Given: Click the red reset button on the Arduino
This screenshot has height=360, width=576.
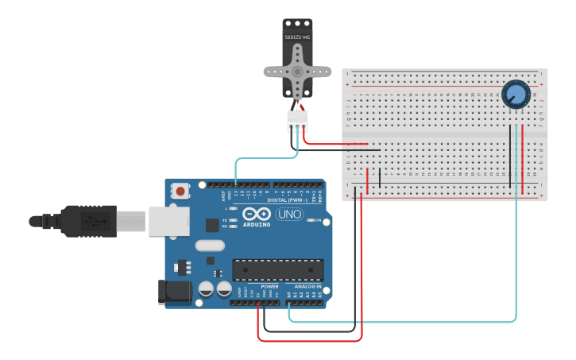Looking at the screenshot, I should pos(181,191).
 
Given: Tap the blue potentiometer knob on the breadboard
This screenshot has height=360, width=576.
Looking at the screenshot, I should pos(515,95).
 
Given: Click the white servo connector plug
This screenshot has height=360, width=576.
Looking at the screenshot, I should pos(297,122).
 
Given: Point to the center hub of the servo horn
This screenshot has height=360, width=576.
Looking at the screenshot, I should pos(297,71).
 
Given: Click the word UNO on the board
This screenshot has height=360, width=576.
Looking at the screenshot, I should pos(289,215).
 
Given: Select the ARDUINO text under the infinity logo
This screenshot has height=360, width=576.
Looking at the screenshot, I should pos(257,224).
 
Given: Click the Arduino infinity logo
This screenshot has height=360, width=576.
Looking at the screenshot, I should pos(257,214).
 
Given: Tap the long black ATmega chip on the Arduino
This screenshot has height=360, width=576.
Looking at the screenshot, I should pos(277,270).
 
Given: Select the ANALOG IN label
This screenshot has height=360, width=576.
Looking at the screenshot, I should pos(307,286).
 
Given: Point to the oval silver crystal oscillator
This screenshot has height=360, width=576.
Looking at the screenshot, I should pos(210,246).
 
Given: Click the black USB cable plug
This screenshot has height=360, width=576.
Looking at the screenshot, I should pos(95,220).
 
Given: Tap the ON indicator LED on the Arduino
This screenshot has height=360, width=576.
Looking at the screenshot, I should pos(310,220).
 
